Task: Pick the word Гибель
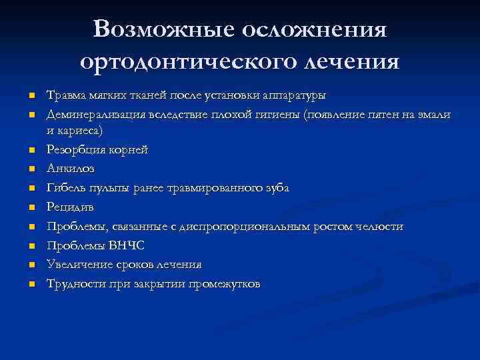click(x=64, y=188)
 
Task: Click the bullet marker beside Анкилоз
click(x=31, y=169)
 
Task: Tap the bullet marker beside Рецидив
click(x=31, y=208)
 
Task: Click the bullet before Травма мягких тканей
click(x=31, y=96)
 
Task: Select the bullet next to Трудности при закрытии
click(x=31, y=285)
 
